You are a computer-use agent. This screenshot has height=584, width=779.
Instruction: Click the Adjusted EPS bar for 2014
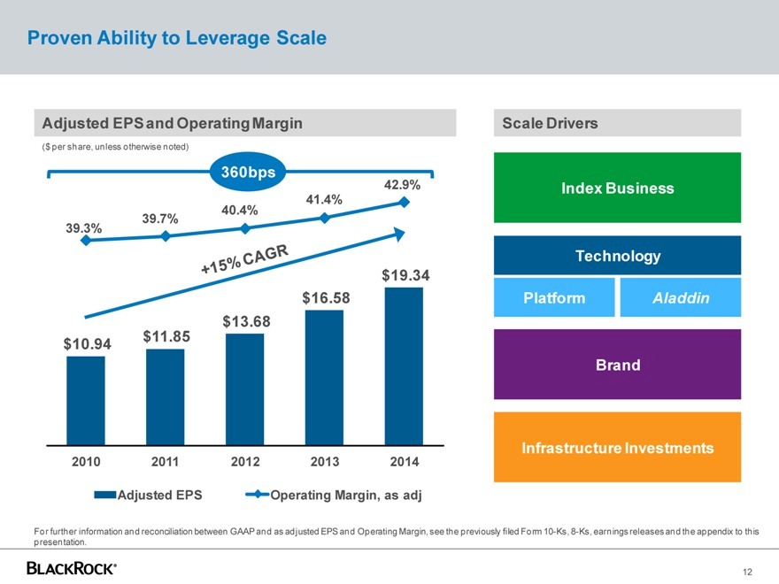pos(404,365)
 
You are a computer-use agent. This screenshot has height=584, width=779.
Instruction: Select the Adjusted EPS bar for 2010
pos(86,400)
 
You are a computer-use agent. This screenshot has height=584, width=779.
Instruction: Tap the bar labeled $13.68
pos(245,388)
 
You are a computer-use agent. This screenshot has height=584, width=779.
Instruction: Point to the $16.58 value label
pos(327,297)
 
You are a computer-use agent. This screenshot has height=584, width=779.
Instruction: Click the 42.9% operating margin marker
pos(404,203)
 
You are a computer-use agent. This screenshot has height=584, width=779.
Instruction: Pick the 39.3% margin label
pos(84,228)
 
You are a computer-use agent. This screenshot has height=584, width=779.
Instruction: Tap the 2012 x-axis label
pos(245,462)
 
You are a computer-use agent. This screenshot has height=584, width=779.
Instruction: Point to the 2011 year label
pos(165,462)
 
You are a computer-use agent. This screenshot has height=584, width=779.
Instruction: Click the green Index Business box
pos(617,188)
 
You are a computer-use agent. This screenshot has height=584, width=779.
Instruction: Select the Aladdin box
pos(681,298)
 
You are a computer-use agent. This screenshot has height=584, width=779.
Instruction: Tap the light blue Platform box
pos(554,298)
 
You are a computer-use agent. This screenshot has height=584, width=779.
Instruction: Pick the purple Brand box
pos(617,365)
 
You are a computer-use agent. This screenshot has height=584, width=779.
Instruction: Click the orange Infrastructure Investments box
pos(617,448)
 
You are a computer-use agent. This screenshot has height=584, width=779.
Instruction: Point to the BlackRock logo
pos(72,567)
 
